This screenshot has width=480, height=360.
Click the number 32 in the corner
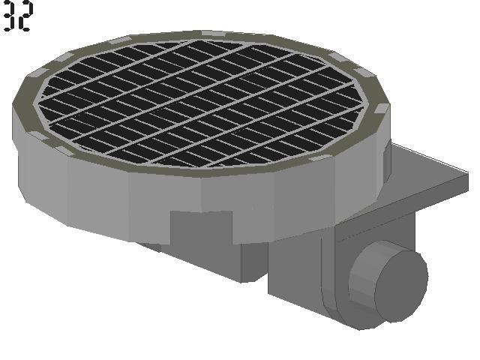click(18, 15)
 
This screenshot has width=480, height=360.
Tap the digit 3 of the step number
click(9, 15)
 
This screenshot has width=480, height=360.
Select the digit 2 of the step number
click(25, 15)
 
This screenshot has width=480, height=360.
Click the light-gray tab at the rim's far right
click(382, 108)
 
